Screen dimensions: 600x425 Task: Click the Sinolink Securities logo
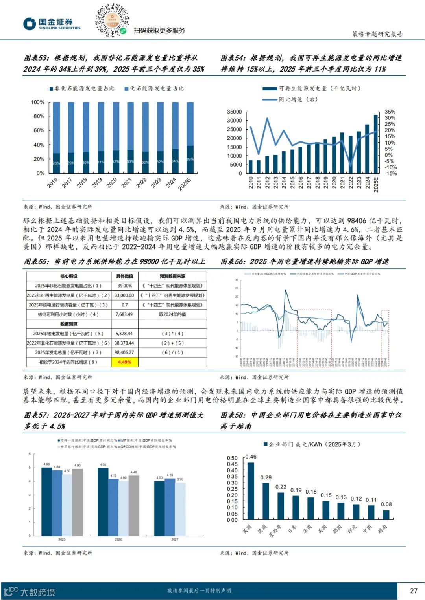tap(51, 24)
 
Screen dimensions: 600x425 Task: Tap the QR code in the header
tap(112, 20)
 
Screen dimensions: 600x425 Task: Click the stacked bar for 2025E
tap(190, 138)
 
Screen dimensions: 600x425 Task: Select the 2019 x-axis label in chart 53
tap(97, 182)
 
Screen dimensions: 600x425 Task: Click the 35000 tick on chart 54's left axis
tap(234, 112)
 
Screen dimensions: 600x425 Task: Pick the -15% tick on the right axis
tap(390, 173)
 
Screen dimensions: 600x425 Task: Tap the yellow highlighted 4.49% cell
tap(124, 362)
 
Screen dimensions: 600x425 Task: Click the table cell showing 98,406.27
tap(124, 352)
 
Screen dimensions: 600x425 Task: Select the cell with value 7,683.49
tap(124, 314)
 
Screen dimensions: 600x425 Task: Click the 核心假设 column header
tap(68, 276)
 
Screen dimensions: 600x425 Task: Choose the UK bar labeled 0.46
tap(251, 491)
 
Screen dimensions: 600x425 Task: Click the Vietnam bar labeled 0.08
tap(386, 515)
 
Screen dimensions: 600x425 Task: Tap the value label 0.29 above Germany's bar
tap(266, 477)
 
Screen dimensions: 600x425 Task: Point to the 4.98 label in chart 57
tap(46, 464)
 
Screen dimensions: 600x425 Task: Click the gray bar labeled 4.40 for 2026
tap(134, 505)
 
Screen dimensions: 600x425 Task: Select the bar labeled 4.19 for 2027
tap(170, 507)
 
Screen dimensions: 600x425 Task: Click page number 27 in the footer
tap(413, 591)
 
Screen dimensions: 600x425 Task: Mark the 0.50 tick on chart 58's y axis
tap(232, 458)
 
